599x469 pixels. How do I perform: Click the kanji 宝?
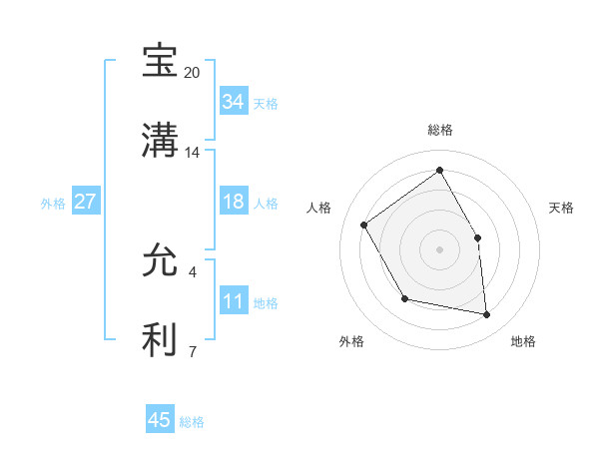160,62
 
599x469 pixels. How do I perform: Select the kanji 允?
160,261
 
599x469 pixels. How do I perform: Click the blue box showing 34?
233,102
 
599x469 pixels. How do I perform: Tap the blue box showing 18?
233,202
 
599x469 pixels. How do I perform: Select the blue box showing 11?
233,302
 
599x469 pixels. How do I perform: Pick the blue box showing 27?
85,202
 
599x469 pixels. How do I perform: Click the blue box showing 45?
160,420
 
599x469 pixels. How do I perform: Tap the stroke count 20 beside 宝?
193,73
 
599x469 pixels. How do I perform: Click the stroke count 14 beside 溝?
193,153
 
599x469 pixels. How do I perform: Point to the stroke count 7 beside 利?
193,351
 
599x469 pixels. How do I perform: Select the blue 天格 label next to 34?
266,104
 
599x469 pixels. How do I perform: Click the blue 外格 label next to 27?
53,204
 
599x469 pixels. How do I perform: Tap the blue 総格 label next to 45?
192,422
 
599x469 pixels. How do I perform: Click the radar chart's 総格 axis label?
440,130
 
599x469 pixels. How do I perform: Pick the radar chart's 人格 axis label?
319,208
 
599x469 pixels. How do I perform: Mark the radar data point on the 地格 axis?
486,315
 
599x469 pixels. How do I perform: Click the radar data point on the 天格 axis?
477,237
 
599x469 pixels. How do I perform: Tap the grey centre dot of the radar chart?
439,248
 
